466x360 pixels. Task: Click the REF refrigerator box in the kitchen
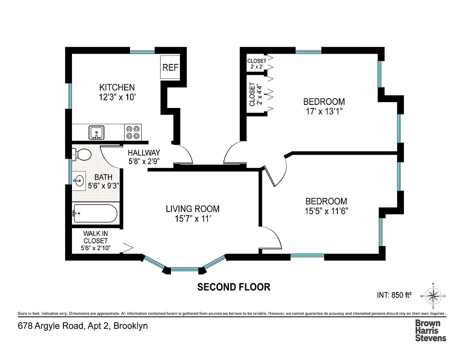point(170,67)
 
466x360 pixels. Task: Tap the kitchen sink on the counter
point(97,132)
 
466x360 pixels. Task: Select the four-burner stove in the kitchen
point(133,132)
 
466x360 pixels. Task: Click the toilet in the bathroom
point(81,155)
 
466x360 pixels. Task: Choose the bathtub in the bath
point(95,214)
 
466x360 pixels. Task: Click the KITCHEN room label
point(117,87)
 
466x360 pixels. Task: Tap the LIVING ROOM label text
point(193,209)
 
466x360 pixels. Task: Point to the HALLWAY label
point(143,153)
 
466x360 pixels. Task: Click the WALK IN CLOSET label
point(95,237)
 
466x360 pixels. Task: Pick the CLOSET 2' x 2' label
point(256,63)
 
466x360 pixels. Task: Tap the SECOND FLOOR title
point(234,287)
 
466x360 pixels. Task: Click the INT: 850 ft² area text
point(394,296)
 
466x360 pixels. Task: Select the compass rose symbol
point(433,296)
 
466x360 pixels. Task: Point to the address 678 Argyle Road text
point(83,326)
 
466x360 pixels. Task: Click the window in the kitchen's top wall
point(143,51)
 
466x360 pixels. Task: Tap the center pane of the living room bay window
point(184,269)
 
